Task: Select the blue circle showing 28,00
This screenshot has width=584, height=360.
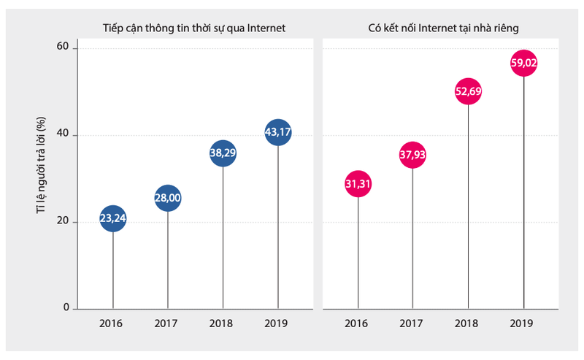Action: [x=167, y=199]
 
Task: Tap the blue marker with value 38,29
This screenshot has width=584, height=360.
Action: [x=223, y=153]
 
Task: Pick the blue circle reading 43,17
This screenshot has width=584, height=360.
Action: [x=278, y=133]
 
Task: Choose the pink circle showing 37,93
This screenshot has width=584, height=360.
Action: [x=412, y=155]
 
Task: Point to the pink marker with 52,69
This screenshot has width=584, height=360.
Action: [x=467, y=91]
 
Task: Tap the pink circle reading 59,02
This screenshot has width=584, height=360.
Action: [x=523, y=64]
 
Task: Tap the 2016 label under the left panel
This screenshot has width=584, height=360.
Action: [x=112, y=323]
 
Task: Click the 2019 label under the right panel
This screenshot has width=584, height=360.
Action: [x=523, y=323]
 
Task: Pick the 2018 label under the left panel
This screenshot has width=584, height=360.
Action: [x=223, y=323]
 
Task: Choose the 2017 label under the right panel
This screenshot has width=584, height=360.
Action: [x=412, y=323]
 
